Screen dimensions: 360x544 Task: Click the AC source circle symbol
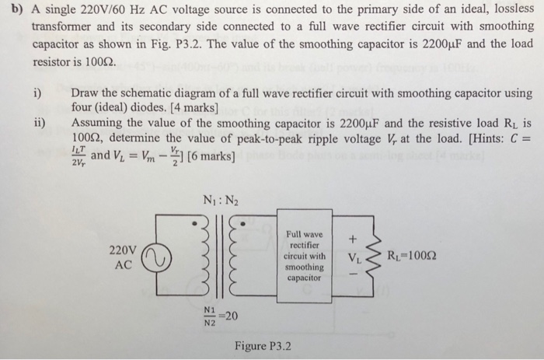[x=153, y=257]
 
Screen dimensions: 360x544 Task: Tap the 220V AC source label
[x=123, y=257]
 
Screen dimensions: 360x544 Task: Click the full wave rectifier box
[x=304, y=255]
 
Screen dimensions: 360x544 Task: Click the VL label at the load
[x=354, y=257]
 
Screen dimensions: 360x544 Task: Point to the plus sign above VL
[x=354, y=232]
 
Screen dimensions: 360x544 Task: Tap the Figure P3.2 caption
[x=263, y=345]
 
